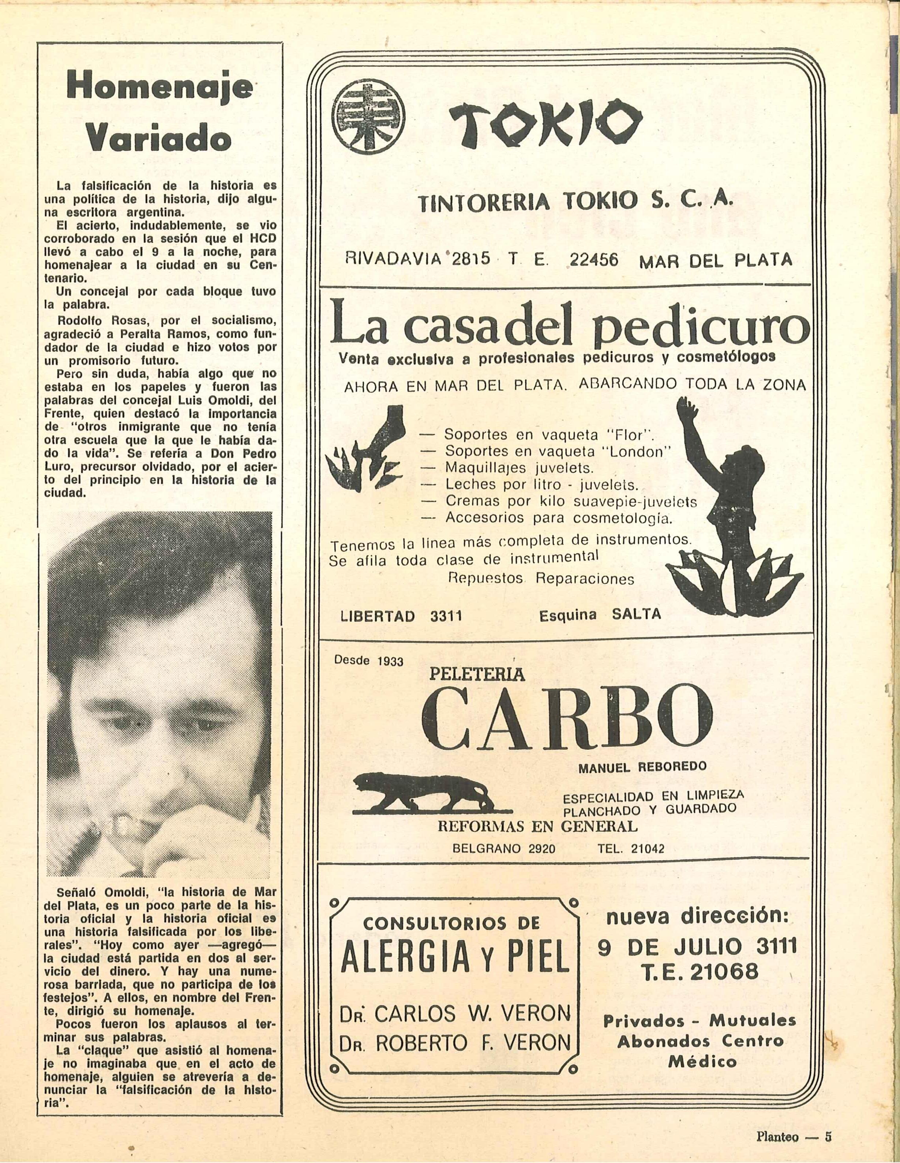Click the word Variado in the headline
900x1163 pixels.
[x=158, y=139]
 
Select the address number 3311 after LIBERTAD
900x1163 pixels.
[x=446, y=617]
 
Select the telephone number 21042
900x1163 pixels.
[x=647, y=849]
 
